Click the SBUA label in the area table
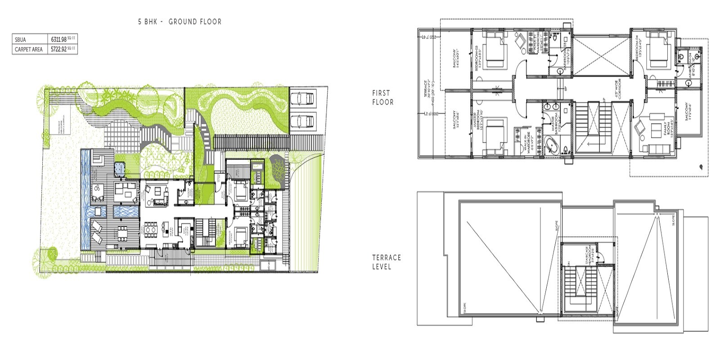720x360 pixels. point(20,40)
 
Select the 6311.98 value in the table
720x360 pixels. point(58,40)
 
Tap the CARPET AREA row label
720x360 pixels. point(29,49)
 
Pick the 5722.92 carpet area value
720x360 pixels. point(58,49)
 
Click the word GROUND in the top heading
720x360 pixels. point(181,22)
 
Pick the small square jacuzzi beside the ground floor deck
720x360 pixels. point(119,169)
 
